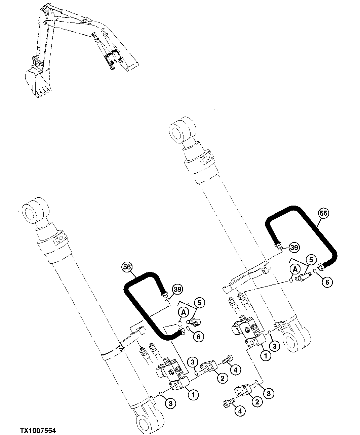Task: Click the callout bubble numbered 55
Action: [x=324, y=213]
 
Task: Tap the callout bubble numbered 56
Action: [x=127, y=267]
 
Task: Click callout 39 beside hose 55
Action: [x=294, y=248]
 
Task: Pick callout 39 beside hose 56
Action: [x=177, y=289]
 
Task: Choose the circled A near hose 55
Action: [x=295, y=269]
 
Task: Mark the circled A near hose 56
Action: [x=184, y=312]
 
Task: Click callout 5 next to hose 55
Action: [x=311, y=259]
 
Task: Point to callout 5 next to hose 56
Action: [x=200, y=303]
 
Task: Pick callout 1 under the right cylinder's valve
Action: [x=266, y=355]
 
